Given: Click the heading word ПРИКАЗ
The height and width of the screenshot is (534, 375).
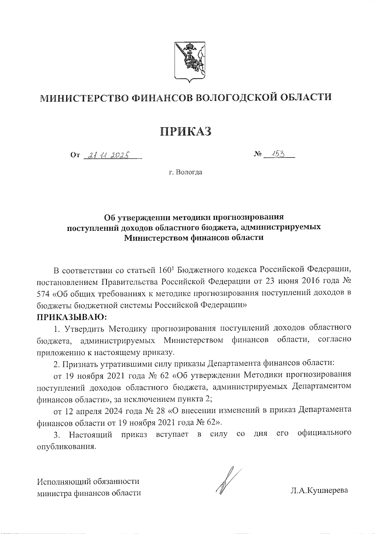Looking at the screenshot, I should tap(186, 131).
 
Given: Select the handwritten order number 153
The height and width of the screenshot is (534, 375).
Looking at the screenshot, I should tap(277, 154).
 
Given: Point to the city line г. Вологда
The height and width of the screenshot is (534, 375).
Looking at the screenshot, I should tap(186, 172).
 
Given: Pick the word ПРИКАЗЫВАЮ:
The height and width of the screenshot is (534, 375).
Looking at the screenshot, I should tap(72, 317).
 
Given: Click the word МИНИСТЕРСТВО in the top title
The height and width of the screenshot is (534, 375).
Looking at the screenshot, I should tap(85, 98).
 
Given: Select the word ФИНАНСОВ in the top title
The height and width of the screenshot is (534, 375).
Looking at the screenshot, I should tap(162, 98).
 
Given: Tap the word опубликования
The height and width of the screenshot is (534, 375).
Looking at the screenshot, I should tap(66, 446).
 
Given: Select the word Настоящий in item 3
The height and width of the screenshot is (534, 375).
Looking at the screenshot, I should tap(91, 434).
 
